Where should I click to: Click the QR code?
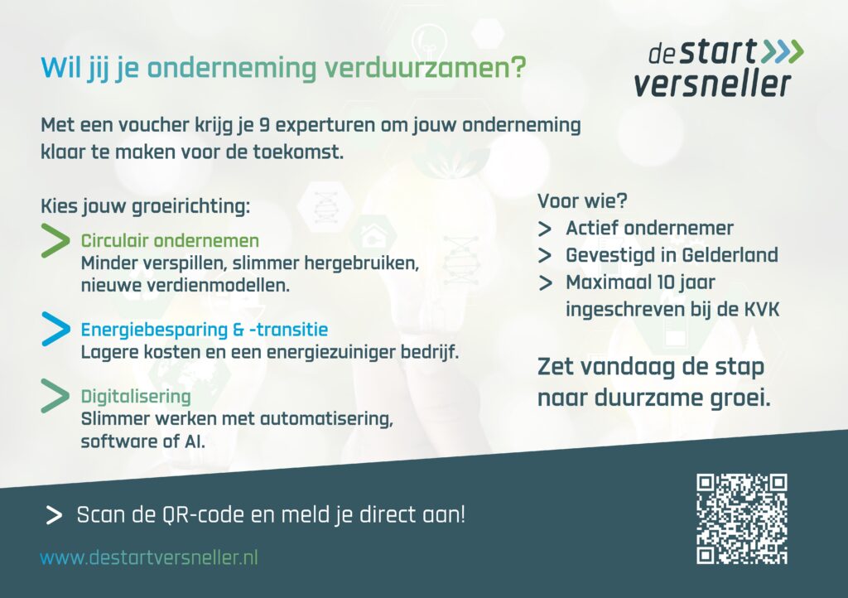741,519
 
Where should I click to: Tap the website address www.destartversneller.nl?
149,557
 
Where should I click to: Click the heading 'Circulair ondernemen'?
170,240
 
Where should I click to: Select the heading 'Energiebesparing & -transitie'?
205,330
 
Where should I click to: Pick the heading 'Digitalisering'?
136,397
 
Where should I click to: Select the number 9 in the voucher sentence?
264,125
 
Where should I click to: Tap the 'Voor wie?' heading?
582,201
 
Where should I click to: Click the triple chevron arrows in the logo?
782,52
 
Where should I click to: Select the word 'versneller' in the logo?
712,84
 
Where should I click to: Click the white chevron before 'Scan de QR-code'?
54,515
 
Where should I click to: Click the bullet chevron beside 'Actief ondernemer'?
545,229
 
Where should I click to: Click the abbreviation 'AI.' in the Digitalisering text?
195,441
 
